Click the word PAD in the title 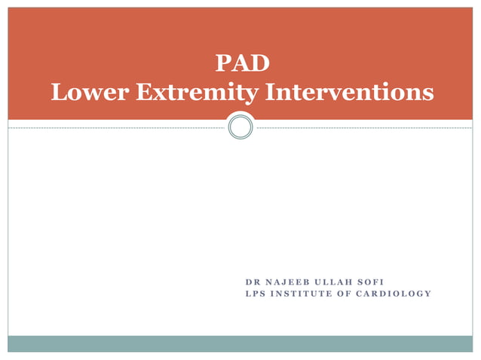[x=242, y=63]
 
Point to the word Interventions [x=346, y=92]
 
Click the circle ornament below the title [x=240, y=127]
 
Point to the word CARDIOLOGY [x=393, y=293]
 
